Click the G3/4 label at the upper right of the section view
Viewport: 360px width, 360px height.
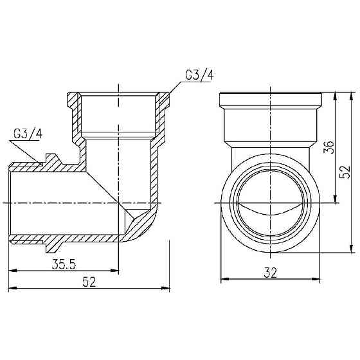point(199,75)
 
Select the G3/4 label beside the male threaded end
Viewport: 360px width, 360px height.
point(27,134)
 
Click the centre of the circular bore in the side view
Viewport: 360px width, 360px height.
point(271,201)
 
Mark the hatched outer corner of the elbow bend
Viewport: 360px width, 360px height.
point(143,225)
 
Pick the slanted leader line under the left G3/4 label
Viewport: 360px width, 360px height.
point(30,152)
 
